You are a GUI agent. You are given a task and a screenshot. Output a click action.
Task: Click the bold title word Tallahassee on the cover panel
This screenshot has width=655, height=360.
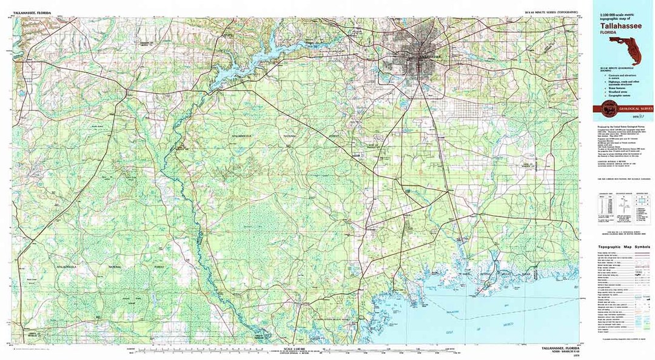[x=621, y=27]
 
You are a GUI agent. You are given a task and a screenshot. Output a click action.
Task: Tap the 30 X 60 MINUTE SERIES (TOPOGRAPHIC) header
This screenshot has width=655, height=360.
[x=551, y=12]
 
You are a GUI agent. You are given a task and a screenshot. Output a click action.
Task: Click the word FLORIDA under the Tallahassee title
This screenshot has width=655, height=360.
[x=610, y=34]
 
